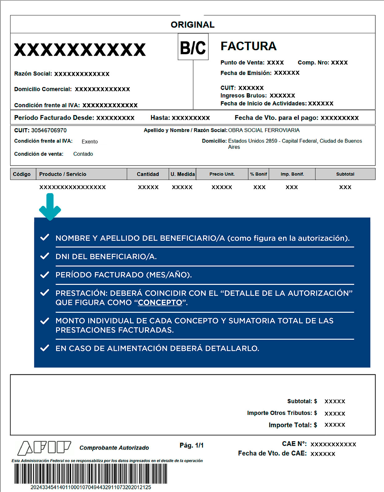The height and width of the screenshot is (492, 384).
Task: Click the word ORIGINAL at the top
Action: click(x=192, y=25)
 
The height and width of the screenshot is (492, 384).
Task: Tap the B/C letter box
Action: click(x=193, y=47)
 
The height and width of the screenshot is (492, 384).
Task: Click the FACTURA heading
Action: click(x=248, y=46)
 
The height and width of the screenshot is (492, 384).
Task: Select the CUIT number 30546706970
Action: click(x=49, y=130)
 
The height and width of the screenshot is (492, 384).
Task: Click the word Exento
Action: click(x=89, y=142)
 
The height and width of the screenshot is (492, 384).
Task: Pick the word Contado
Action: click(x=83, y=154)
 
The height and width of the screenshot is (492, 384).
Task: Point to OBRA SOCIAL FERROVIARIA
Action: click(x=264, y=130)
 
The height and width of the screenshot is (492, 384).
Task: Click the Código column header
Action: click(x=22, y=174)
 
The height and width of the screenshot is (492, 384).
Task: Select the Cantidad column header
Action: click(x=148, y=174)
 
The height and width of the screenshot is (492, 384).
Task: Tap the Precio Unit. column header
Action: click(x=222, y=174)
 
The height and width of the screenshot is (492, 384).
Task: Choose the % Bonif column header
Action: click(x=259, y=174)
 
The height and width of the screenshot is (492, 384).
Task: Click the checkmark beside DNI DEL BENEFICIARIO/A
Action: click(x=45, y=256)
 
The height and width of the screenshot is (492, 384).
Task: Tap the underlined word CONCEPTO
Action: click(x=160, y=303)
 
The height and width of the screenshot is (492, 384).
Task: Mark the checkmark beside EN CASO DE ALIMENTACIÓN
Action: click(x=45, y=348)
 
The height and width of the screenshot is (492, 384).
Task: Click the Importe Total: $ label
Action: click(x=293, y=425)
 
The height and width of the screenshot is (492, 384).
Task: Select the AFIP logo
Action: click(x=45, y=448)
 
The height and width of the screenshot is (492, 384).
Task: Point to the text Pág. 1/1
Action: click(x=191, y=445)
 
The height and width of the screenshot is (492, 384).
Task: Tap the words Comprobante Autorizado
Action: click(x=114, y=448)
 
